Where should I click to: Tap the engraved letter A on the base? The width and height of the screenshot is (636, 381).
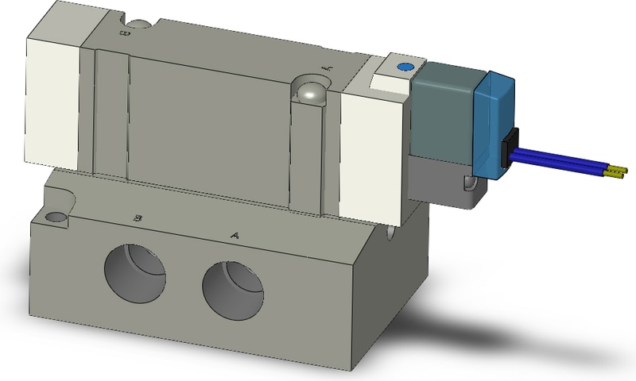(x=234, y=235)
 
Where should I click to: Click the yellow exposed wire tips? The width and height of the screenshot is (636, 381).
(x=617, y=170)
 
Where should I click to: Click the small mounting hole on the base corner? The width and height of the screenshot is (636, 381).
(x=56, y=217)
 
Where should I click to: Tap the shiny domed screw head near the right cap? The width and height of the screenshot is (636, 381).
(x=309, y=93)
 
